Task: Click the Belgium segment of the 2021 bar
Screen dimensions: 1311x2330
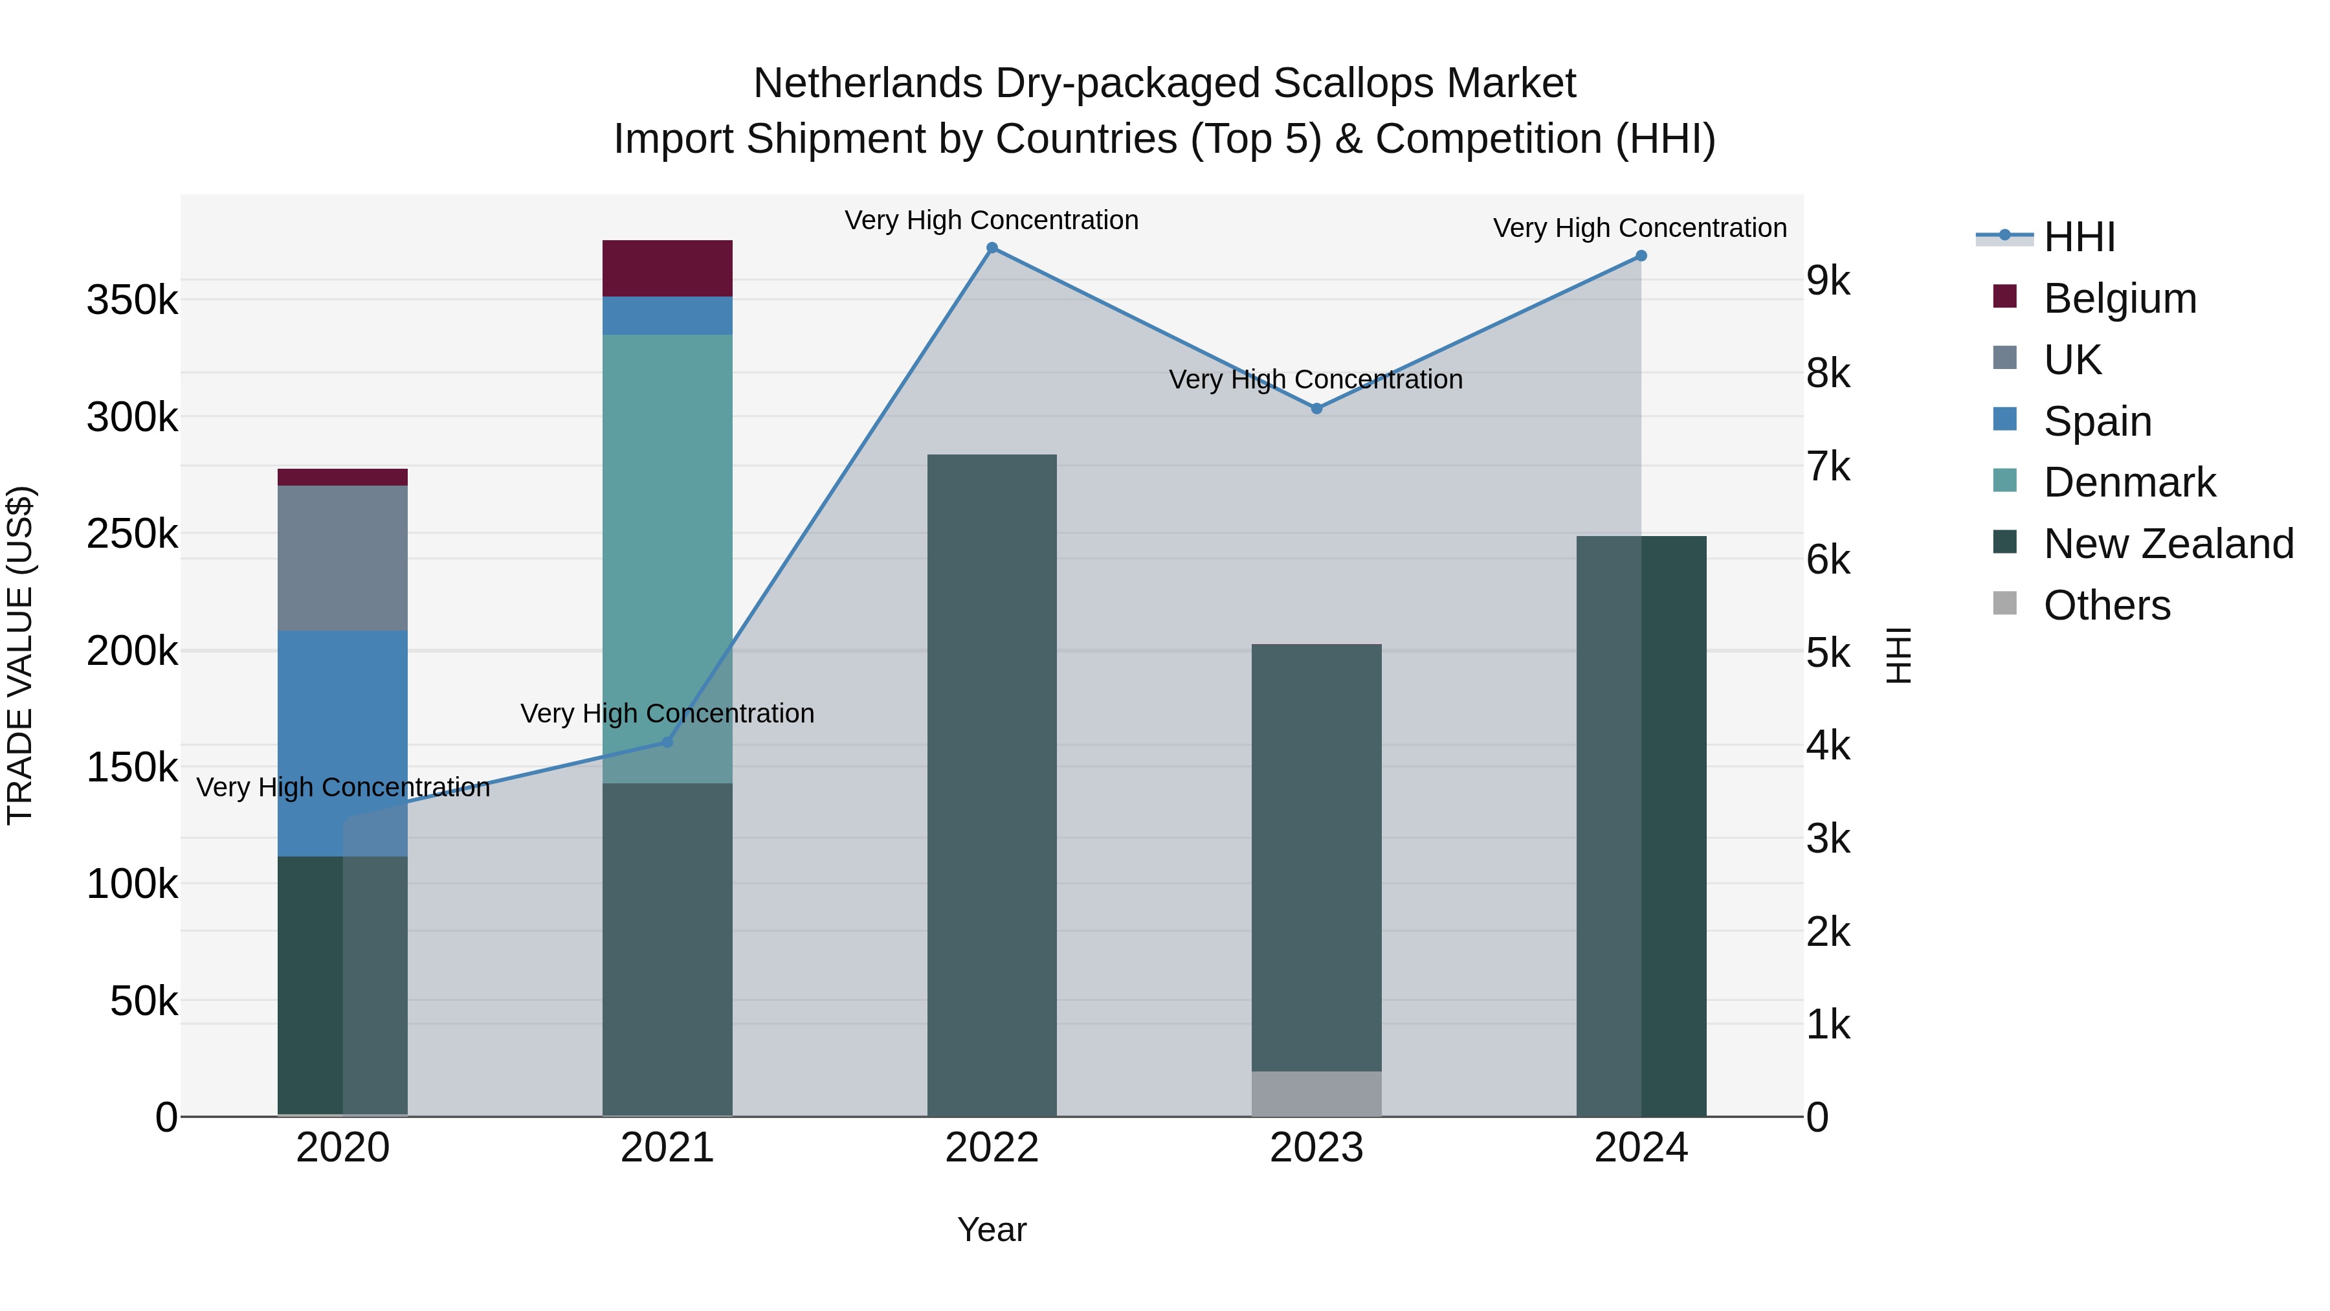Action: pyautogui.click(x=667, y=268)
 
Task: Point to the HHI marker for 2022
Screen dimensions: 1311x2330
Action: pyautogui.click(x=992, y=248)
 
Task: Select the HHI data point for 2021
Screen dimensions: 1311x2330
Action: pyautogui.click(x=667, y=742)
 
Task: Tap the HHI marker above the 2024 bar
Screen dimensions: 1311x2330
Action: pyautogui.click(x=1641, y=256)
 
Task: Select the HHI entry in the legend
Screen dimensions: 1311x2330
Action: pyautogui.click(x=2078, y=237)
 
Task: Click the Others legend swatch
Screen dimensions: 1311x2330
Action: pyautogui.click(x=2004, y=603)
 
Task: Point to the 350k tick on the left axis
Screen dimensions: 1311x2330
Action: pyautogui.click(x=132, y=300)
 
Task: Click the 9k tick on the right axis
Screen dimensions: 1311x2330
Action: pyautogui.click(x=1828, y=280)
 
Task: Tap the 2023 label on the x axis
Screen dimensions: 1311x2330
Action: pyautogui.click(x=1316, y=1148)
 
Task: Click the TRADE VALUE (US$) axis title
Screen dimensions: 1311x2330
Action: pyautogui.click(x=20, y=655)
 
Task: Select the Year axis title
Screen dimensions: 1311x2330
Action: pyautogui.click(x=992, y=1229)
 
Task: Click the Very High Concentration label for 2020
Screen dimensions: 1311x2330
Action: pyautogui.click(x=343, y=787)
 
